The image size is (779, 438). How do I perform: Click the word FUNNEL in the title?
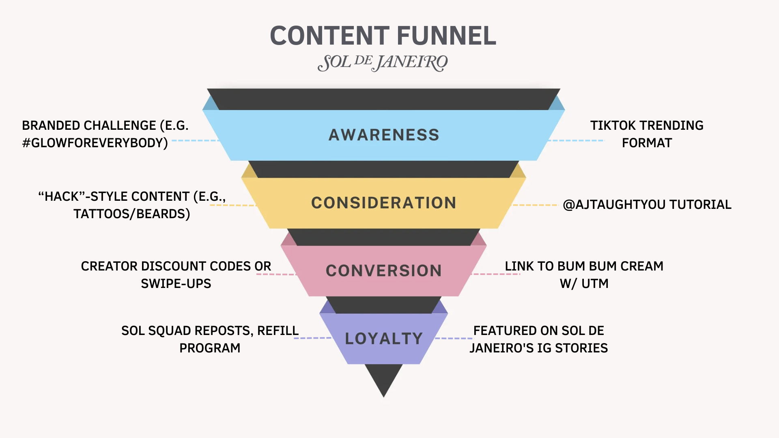[x=446, y=36]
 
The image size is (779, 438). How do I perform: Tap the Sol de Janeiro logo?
[x=383, y=63]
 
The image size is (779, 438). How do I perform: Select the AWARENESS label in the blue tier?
[x=384, y=135]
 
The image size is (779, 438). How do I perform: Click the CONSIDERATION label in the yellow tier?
[x=384, y=203]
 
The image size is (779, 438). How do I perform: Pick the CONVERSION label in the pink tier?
[x=384, y=271]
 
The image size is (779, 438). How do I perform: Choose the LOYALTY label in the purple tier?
[x=384, y=339]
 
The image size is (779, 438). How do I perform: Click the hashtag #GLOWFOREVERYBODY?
[x=95, y=143]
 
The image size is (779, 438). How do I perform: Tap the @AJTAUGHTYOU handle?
[x=614, y=204]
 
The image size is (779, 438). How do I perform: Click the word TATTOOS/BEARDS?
[x=131, y=214]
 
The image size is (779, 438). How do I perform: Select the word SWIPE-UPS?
[x=176, y=283]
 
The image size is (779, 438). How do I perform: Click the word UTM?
[x=595, y=283]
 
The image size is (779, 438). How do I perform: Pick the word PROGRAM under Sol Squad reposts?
[x=210, y=348]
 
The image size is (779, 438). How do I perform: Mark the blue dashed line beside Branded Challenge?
[x=195, y=141]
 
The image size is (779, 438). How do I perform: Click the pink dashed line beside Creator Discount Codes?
[x=276, y=275]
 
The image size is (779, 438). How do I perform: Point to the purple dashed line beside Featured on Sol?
[x=454, y=338]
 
